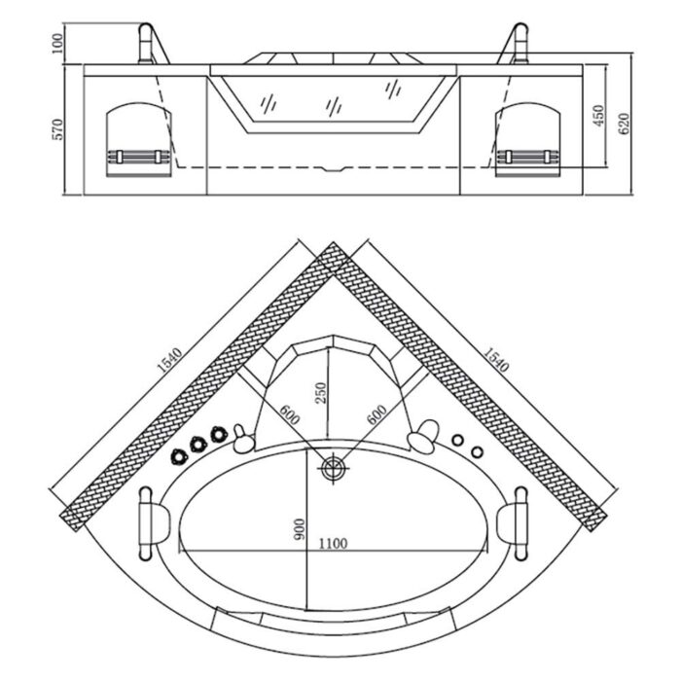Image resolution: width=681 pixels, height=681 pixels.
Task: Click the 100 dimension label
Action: [57, 44]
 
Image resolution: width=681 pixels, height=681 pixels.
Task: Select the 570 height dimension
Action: [57, 129]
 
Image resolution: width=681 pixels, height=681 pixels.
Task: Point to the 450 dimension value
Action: [598, 115]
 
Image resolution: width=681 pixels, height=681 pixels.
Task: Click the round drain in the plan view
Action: [333, 470]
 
